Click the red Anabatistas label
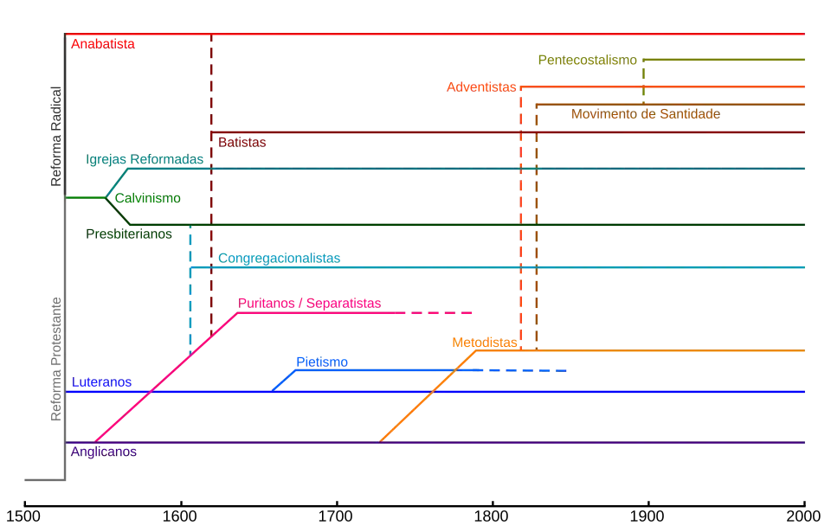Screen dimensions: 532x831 pos(103,43)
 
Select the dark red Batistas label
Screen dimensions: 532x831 pos(242,142)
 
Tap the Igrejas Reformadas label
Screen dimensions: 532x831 pos(145,160)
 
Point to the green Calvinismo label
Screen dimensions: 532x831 pos(149,199)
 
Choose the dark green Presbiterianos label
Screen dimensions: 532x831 pos(128,234)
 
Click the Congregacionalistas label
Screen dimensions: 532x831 pos(278,259)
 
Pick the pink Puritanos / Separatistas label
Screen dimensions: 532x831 pos(309,304)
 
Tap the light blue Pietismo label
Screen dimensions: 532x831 pos(321,362)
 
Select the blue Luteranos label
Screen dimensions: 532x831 pos(101,382)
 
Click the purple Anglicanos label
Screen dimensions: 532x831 pos(103,452)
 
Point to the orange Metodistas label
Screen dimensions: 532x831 pos(484,343)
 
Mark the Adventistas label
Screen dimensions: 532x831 pos(481,87)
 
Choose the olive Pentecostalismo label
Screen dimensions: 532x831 pos(588,61)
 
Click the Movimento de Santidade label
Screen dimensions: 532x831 pos(645,114)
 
